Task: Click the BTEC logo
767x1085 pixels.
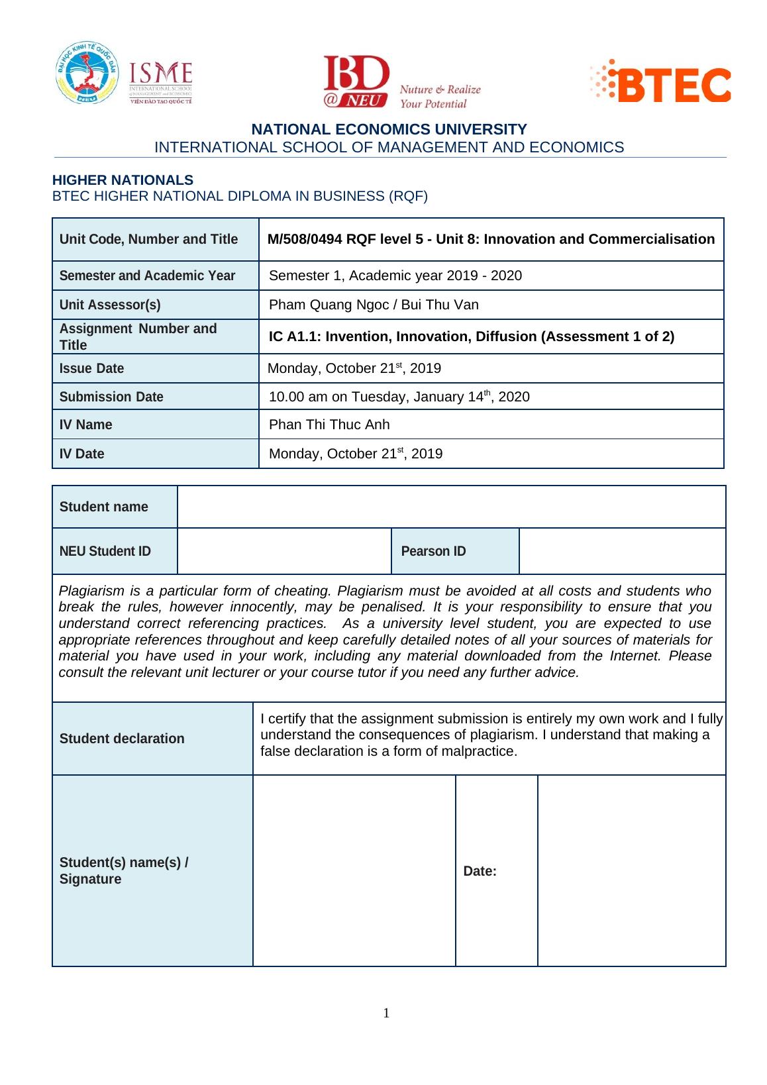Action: pyautogui.click(x=661, y=81)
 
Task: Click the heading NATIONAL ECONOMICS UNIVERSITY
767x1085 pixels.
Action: pyautogui.click(x=389, y=129)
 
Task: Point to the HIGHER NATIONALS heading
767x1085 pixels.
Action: pyautogui.click(x=123, y=180)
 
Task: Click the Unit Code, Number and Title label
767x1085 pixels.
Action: pyautogui.click(x=148, y=239)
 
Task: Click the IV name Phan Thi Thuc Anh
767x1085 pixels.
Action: pyautogui.click(x=329, y=425)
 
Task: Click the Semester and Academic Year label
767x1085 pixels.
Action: pyautogui.click(x=147, y=276)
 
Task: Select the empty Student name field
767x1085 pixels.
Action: pyautogui.click(x=451, y=507)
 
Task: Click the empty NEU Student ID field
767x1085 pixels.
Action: pyautogui.click(x=284, y=551)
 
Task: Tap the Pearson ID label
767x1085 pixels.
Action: pyautogui.click(x=433, y=551)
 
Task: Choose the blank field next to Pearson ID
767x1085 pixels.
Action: pyautogui.click(x=622, y=551)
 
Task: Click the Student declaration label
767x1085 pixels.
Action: pyautogui.click(x=122, y=739)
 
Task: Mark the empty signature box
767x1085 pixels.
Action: pyautogui.click(x=354, y=870)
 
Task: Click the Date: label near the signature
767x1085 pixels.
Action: pyautogui.click(x=480, y=871)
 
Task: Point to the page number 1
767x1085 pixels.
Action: pyautogui.click(x=386, y=1013)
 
